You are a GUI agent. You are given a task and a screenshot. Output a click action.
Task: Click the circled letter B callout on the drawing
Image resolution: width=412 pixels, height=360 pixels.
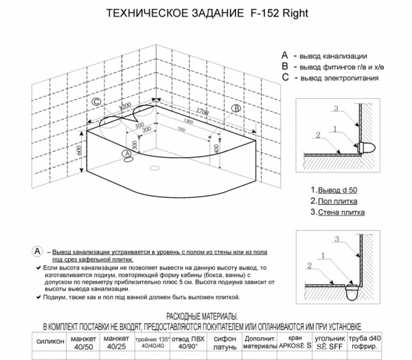[236, 109]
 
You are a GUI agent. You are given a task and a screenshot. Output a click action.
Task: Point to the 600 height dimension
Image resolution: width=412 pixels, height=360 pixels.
[80, 150]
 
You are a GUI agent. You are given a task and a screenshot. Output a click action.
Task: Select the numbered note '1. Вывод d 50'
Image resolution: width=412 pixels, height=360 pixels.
[334, 189]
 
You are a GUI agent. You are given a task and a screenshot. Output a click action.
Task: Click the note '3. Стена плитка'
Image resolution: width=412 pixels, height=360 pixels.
[337, 212]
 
